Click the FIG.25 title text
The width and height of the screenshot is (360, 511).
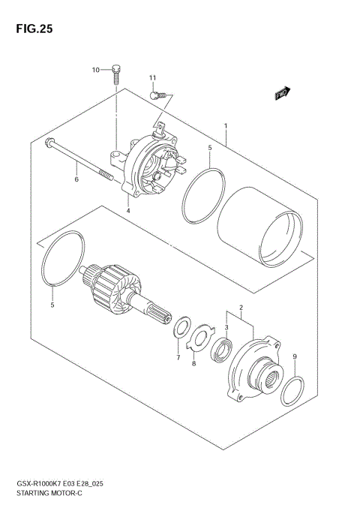click(x=31, y=29)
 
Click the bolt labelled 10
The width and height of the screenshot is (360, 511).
click(x=117, y=74)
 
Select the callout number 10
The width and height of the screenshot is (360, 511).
click(x=96, y=70)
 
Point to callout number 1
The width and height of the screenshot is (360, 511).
click(x=226, y=126)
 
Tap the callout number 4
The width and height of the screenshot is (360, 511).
click(x=128, y=211)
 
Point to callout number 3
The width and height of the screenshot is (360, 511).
click(x=226, y=328)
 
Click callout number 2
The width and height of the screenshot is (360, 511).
click(x=241, y=308)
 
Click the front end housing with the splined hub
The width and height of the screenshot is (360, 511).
click(x=254, y=368)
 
